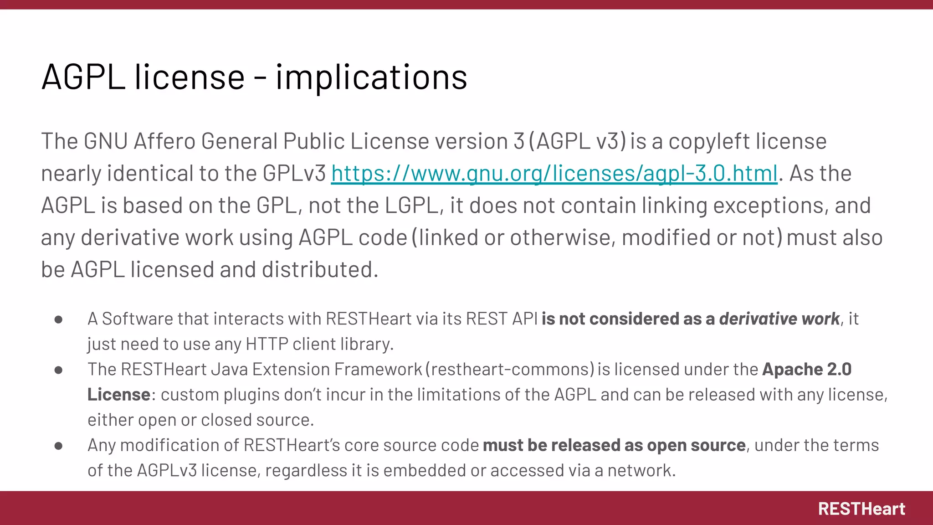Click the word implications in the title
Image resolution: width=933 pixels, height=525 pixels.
pyautogui.click(x=371, y=77)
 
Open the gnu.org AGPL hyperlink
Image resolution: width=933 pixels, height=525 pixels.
pyautogui.click(x=554, y=174)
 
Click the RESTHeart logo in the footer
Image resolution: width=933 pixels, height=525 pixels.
pyautogui.click(x=861, y=509)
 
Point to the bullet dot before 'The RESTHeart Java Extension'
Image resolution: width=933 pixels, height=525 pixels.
pyautogui.click(x=58, y=370)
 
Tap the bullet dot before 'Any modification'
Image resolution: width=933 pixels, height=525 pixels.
pyautogui.click(x=58, y=446)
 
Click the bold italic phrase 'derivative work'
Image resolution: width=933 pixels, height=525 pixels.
pyautogui.click(x=779, y=319)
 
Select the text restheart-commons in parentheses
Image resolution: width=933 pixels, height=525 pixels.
pyautogui.click(x=510, y=369)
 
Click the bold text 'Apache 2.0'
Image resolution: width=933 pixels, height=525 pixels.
pyautogui.click(x=807, y=369)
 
